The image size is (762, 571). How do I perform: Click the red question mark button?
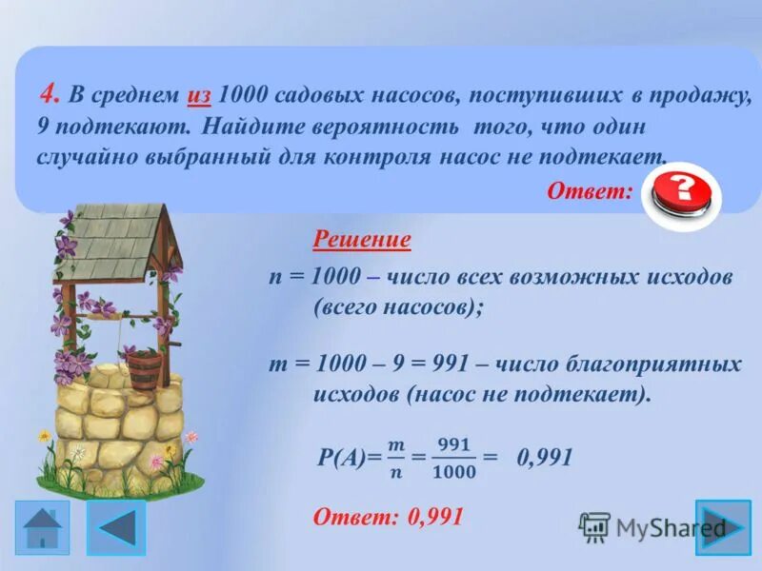(681, 193)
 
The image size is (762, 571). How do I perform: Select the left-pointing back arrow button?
(117, 527)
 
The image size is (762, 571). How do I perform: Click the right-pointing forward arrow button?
(723, 527)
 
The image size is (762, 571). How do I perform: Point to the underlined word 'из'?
(199, 96)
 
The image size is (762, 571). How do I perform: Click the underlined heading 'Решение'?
(362, 239)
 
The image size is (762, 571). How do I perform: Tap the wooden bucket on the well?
(143, 368)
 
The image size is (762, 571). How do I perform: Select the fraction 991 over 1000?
(453, 458)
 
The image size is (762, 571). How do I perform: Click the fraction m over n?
(393, 458)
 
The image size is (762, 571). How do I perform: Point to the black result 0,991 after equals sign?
(544, 458)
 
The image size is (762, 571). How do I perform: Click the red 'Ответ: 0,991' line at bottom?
(388, 517)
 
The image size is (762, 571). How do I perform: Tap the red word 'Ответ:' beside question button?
(590, 191)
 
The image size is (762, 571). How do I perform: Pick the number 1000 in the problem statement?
(244, 96)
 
